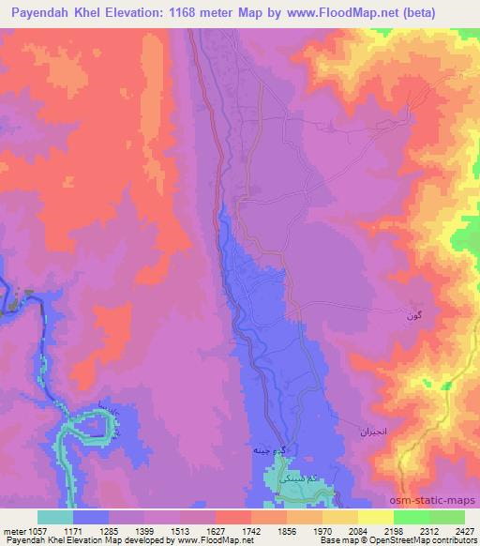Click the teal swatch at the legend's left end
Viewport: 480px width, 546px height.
click(x=54, y=517)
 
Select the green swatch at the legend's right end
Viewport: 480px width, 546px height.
click(x=447, y=517)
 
